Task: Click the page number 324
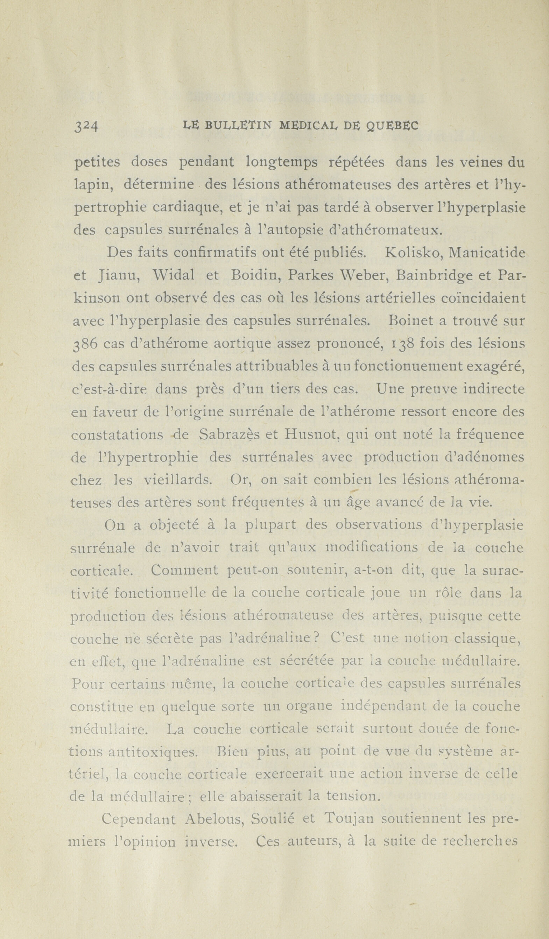click(86, 127)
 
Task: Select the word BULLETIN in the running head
click(239, 126)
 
